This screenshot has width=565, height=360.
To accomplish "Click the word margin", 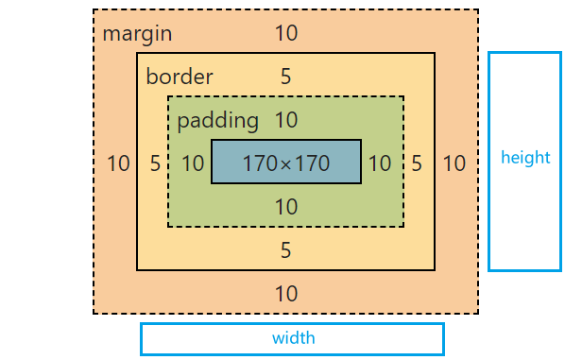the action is [137, 34].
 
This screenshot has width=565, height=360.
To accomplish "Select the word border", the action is [180, 76].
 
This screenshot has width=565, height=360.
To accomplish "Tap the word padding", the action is [218, 120].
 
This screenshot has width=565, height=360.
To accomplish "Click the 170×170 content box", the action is [286, 162].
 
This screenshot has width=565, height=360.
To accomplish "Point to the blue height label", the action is [525, 158].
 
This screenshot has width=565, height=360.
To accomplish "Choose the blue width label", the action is [293, 338].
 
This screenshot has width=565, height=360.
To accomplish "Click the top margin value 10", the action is [286, 33].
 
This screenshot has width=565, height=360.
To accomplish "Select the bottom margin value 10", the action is [286, 294].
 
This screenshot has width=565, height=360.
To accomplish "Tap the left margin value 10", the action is [118, 163].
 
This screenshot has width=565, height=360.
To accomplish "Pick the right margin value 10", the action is [454, 163].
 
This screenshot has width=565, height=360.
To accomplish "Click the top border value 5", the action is [285, 77].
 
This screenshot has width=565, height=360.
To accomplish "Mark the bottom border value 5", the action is [285, 250].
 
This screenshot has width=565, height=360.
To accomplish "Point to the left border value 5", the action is [155, 163].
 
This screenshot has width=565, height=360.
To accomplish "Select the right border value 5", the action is [417, 163].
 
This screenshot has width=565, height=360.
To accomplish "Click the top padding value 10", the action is [286, 120].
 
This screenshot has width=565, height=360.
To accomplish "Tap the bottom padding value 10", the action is [286, 207].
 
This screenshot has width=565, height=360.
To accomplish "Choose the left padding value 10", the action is [193, 163].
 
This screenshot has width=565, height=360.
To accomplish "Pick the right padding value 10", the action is [380, 163].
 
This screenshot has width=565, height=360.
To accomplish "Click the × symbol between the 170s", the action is [285, 164].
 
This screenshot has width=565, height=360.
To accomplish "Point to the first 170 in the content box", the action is [261, 163].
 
